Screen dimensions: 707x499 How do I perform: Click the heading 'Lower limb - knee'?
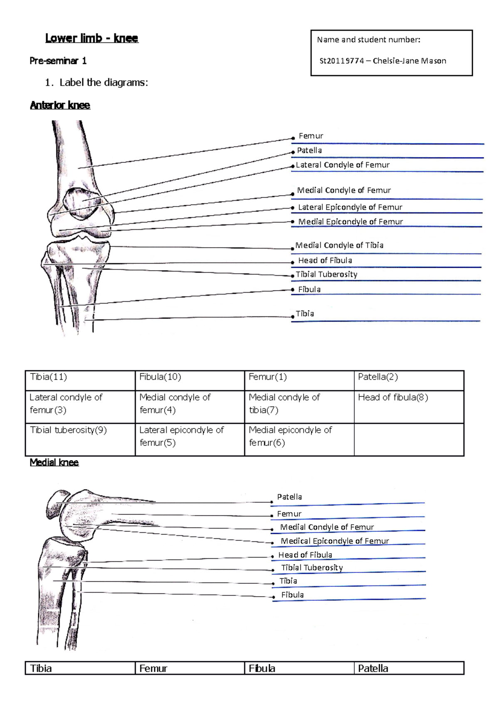91,38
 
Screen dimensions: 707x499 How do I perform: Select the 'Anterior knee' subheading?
60,105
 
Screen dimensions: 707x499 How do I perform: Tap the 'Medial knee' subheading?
54,463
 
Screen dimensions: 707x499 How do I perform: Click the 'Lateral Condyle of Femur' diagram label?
342,165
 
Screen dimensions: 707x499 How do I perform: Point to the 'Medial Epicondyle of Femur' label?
350,222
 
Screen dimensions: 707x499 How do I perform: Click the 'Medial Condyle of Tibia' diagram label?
339,245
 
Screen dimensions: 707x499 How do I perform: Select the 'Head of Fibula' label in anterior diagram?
325,261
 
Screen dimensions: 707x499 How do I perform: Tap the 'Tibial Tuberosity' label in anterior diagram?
326,274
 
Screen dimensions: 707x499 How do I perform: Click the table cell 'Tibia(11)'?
48,377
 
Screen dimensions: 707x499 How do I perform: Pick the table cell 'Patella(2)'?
378,377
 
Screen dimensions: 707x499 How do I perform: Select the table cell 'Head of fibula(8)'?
393,398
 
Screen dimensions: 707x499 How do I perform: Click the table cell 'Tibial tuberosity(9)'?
68,430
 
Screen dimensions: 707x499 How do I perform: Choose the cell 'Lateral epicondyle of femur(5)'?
181,436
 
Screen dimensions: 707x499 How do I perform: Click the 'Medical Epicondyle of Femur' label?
335,541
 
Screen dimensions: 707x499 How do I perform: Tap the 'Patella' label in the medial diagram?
289,497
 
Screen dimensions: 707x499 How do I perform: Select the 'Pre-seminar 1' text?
58,61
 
